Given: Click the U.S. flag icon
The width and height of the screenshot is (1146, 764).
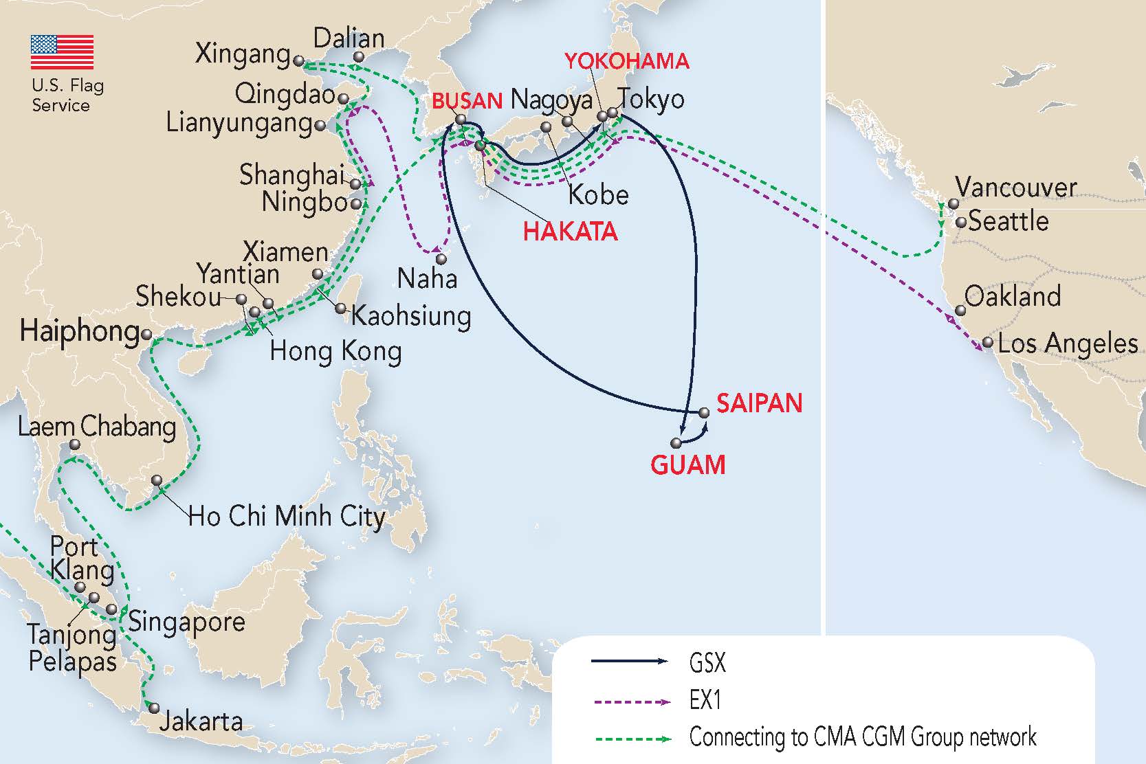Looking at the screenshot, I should (62, 52).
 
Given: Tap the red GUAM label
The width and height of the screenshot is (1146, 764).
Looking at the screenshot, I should (687, 465).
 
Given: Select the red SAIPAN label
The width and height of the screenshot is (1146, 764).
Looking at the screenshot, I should (759, 403).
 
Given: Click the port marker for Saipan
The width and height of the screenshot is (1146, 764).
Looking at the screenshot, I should (704, 413).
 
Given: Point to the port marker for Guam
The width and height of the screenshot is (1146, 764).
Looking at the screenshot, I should (676, 443).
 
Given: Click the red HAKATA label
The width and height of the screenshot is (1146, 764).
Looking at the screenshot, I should (570, 232).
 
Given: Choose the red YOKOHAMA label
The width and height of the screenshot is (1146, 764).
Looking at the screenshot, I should (626, 61).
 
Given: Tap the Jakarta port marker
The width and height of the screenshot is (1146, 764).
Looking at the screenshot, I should (154, 708).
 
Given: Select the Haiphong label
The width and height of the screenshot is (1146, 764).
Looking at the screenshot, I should (80, 331).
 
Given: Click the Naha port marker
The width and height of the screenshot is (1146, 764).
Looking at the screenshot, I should (441, 260).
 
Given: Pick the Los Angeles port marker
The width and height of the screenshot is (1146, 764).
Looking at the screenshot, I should (988, 342).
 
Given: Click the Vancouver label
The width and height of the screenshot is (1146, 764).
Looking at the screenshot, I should (1015, 187).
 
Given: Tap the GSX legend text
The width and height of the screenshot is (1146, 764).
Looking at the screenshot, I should (707, 663).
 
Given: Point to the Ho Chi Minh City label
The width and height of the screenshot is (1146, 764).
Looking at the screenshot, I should (287, 517).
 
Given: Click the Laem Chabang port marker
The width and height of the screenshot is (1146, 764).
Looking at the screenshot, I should (75, 445).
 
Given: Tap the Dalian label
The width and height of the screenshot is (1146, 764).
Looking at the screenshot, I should (349, 38).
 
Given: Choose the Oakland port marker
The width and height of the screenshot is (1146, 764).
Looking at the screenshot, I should (961, 311).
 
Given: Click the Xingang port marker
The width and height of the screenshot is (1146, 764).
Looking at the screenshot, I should (298, 61).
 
